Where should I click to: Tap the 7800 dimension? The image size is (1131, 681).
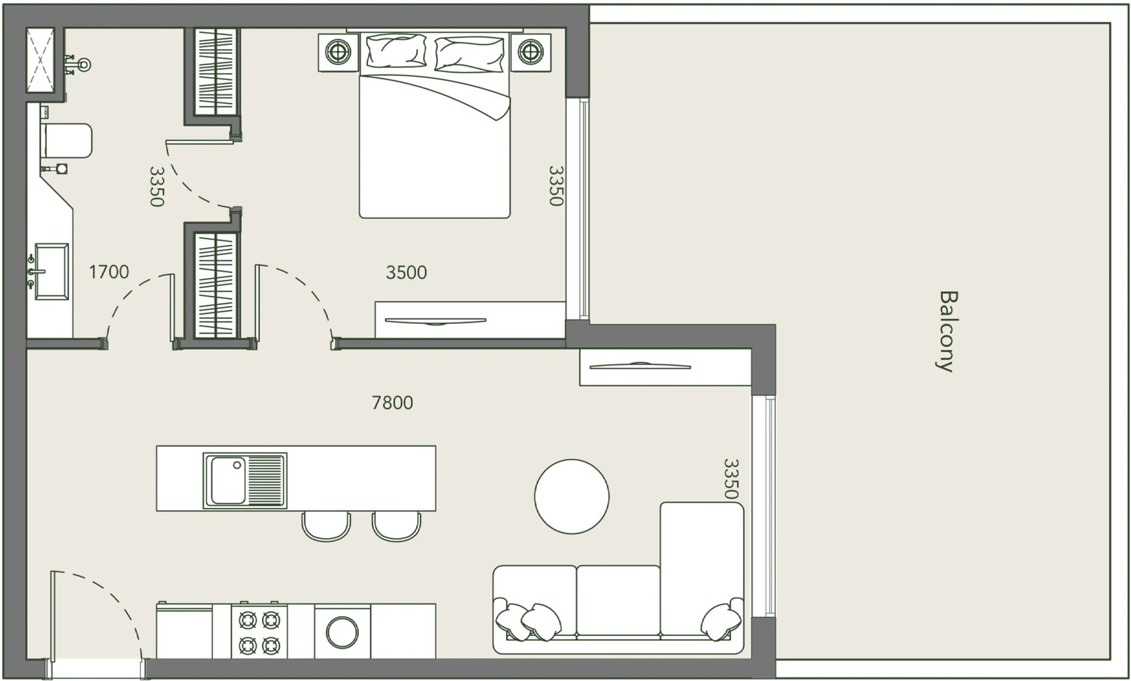392,403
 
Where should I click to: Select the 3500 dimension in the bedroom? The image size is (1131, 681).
406,272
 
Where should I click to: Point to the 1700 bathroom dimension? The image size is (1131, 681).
109,272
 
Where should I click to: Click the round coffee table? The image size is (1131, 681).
572,496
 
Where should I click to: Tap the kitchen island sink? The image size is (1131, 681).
245,481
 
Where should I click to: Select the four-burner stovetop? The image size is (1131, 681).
259,633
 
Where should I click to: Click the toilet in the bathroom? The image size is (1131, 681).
67,140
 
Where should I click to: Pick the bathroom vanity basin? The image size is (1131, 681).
51,271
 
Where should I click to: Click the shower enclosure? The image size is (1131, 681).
40,60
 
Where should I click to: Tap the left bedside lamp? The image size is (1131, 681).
338,52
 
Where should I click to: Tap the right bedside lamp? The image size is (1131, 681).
531,52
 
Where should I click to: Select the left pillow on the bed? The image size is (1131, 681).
396,51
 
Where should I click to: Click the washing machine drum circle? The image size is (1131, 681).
342,632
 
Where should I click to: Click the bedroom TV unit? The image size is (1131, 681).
470,320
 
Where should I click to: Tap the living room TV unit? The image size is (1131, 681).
665,367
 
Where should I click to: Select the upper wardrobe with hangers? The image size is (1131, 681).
215,71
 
